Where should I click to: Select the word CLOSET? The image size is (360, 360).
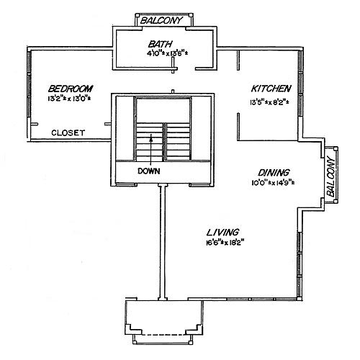[x=69, y=132]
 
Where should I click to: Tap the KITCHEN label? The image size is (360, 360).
[x=271, y=88]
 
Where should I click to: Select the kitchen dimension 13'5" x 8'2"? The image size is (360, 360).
[x=271, y=101]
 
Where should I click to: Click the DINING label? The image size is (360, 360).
[x=274, y=172]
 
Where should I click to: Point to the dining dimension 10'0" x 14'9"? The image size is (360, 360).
[x=274, y=184]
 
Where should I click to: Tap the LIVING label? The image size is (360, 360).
[x=222, y=232]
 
